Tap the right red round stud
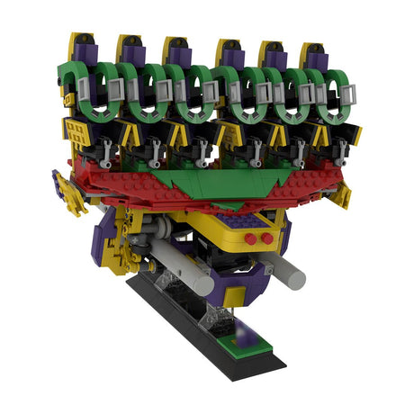pos(266,238)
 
